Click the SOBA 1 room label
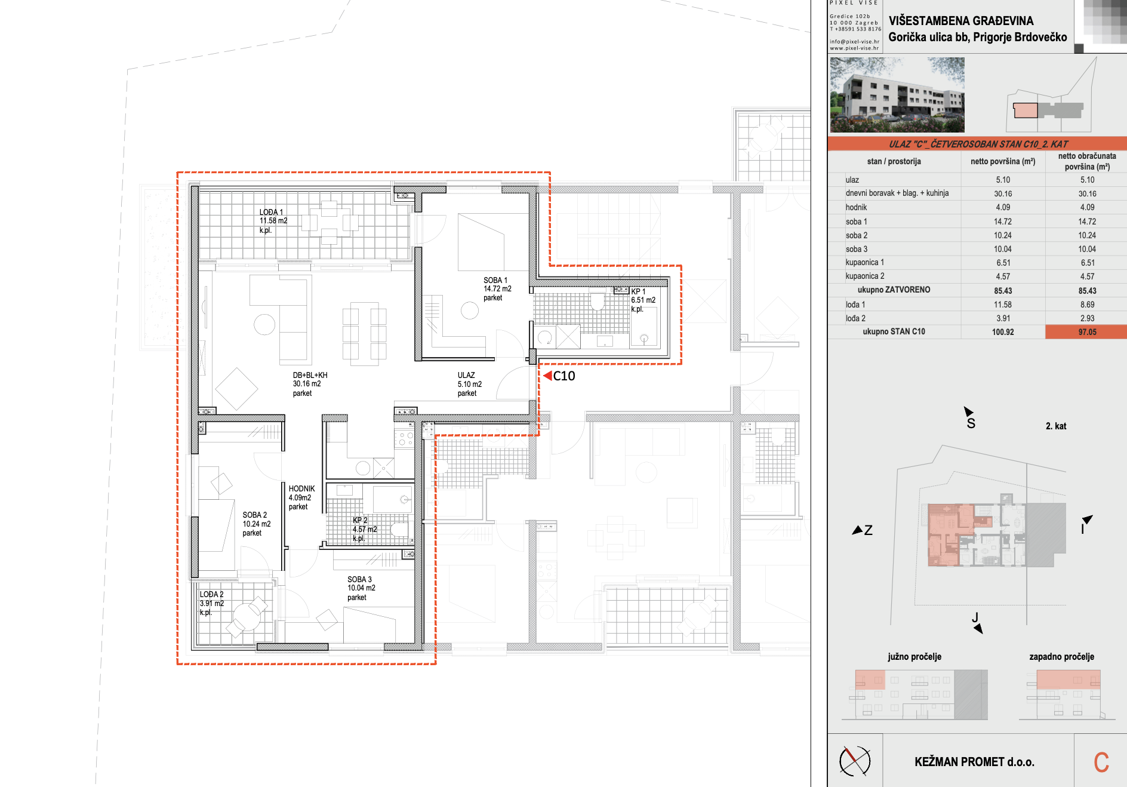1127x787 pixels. [495, 280]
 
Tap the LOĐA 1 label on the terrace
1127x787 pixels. [271, 212]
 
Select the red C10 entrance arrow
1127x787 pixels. [547, 376]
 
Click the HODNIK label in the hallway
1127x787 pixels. [301, 488]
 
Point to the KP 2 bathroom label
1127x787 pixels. [360, 520]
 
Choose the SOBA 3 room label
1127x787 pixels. [359, 579]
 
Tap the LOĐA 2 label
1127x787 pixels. [211, 594]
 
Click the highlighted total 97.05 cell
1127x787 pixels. [1087, 332]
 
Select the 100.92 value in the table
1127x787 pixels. [1003, 332]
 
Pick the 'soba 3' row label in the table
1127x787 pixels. [857, 249]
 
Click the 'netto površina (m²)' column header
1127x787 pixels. [1003, 161]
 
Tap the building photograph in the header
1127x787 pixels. [897, 95]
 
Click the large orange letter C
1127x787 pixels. [1101, 762]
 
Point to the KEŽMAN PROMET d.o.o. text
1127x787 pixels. [974, 762]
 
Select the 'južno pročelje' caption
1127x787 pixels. [914, 657]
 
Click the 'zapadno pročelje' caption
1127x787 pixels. [1061, 657]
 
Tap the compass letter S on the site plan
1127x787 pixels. [971, 423]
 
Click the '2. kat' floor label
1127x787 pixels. [1056, 426]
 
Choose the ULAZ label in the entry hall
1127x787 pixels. [466, 376]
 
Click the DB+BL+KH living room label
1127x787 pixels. [310, 376]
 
